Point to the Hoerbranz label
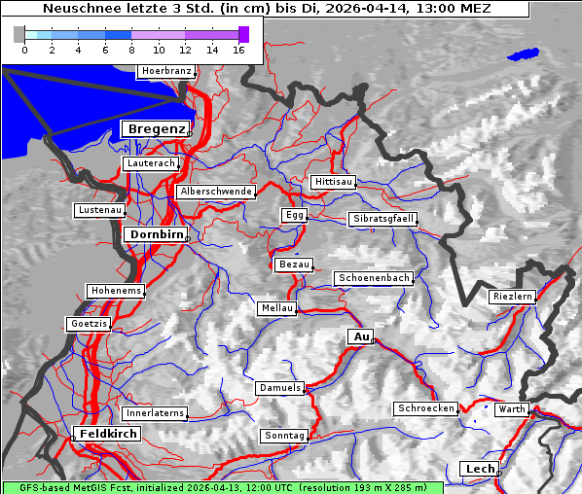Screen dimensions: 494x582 165,72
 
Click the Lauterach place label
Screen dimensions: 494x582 150,163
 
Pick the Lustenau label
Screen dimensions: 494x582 99,210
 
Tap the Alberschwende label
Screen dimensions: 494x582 215,192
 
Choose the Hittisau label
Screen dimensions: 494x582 333,182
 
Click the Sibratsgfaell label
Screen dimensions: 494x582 382,219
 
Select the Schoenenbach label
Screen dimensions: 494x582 374,278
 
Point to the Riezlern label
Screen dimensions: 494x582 513,297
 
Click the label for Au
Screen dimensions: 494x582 360,336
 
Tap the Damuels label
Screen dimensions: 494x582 280,388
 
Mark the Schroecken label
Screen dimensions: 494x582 426,408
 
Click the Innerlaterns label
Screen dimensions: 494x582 155,413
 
